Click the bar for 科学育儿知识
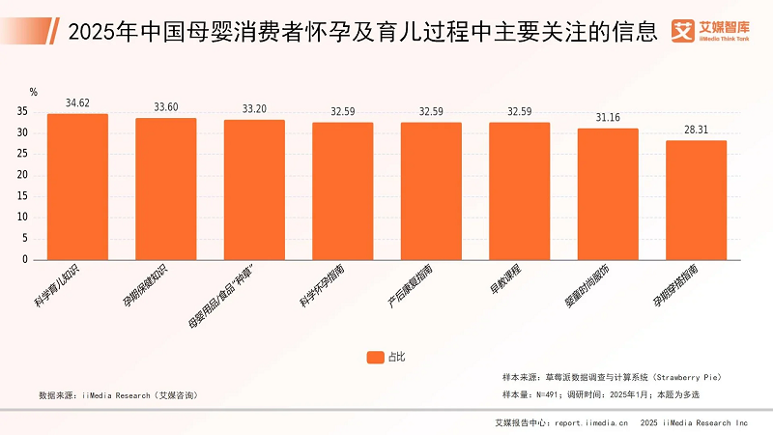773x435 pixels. click(x=77, y=187)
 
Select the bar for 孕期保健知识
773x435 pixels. click(x=165, y=188)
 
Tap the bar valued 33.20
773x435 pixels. click(x=254, y=189)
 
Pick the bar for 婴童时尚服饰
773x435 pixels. click(x=608, y=193)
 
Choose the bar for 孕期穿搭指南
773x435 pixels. click(x=696, y=200)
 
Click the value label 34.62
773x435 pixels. click(x=77, y=102)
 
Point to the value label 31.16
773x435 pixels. click(x=608, y=117)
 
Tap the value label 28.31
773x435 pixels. click(x=696, y=130)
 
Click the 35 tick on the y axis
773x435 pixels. click(x=22, y=111)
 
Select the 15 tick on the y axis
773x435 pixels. click(x=22, y=196)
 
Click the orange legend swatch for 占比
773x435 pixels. click(x=376, y=357)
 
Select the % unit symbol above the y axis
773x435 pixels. click(x=33, y=93)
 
